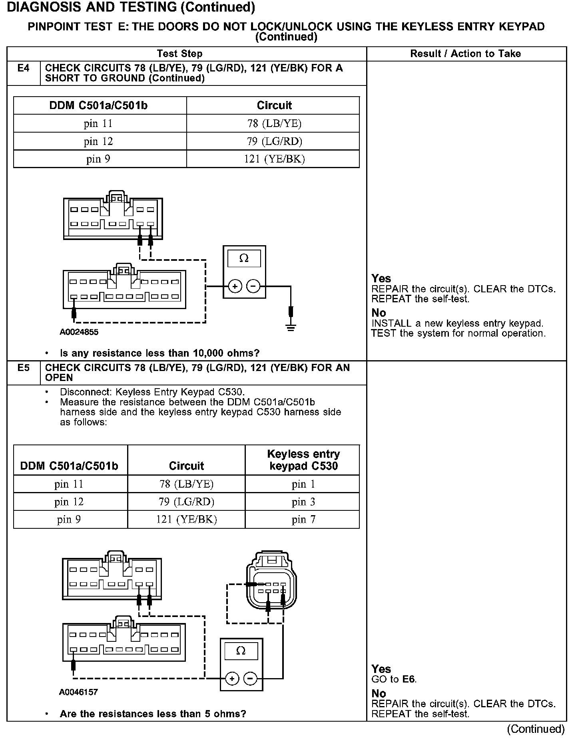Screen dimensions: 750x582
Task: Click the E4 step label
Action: [x=24, y=68]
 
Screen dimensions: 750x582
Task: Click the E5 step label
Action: [x=24, y=368]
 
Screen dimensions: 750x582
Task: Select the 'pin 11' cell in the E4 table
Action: [x=98, y=123]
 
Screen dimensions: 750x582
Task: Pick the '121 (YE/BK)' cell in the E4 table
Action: [x=274, y=159]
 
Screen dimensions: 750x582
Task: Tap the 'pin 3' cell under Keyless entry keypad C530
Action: [x=303, y=502]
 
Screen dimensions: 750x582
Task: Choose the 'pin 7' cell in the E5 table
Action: [x=303, y=520]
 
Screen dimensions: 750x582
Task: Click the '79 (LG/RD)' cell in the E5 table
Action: [x=186, y=502]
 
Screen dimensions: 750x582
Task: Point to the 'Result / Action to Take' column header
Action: [x=466, y=54]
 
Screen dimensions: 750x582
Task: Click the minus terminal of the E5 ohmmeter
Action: [x=250, y=679]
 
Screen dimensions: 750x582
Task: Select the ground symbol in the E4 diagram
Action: [x=291, y=328]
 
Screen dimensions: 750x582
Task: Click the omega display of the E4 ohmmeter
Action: [x=244, y=259]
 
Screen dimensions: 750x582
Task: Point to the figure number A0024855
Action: [x=79, y=332]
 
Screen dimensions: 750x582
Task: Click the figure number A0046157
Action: [x=78, y=692]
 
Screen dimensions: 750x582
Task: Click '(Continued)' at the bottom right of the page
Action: [x=536, y=729]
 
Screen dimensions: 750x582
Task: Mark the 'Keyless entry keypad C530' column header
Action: [x=303, y=460]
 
